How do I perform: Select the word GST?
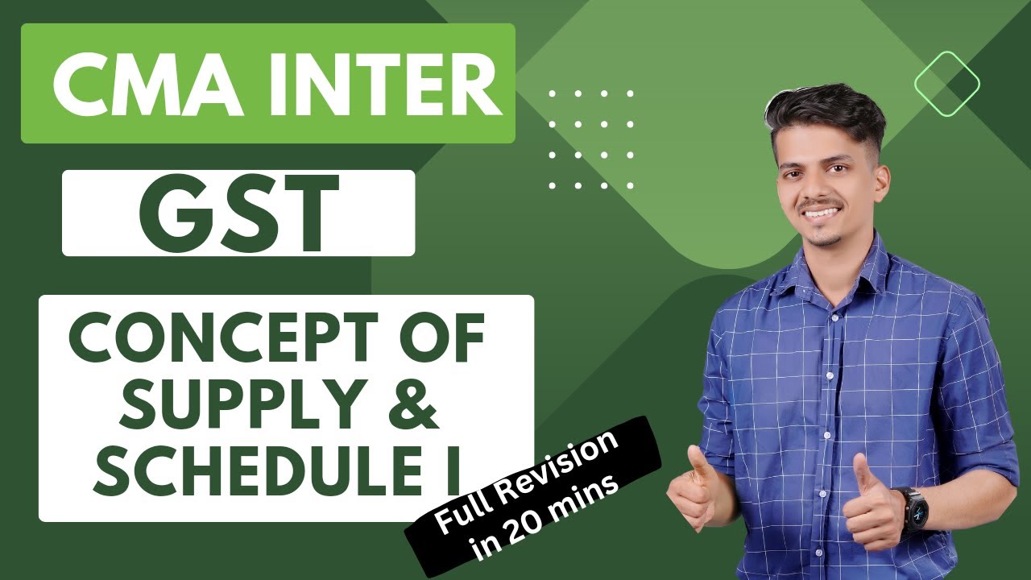tap(238, 213)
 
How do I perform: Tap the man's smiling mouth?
tap(822, 213)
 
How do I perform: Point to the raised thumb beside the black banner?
tap(694, 466)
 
